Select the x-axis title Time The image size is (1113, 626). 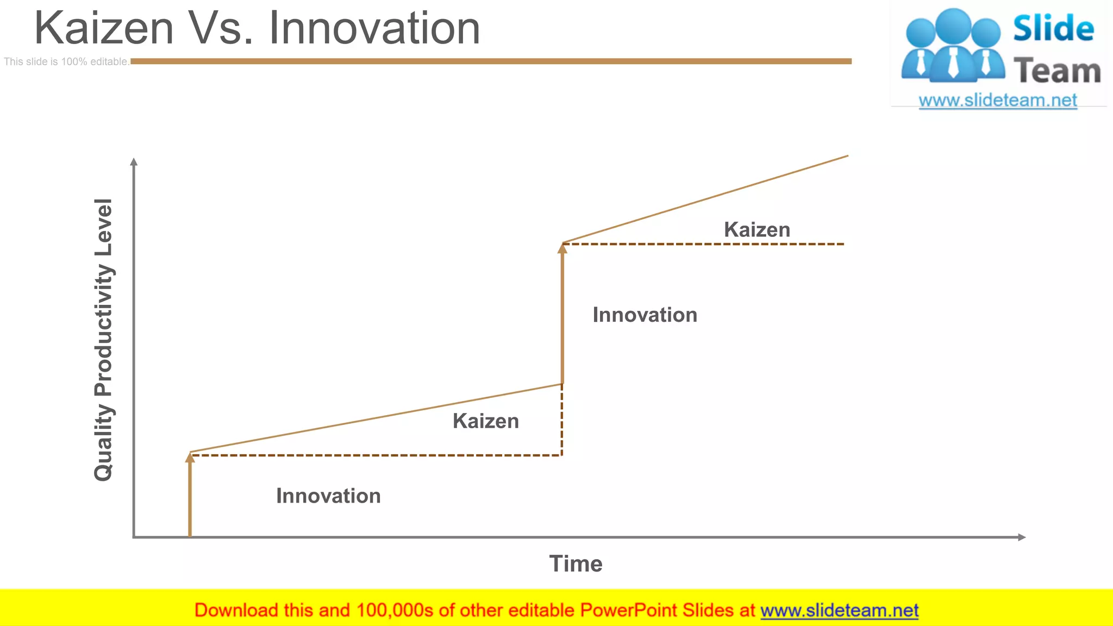[x=576, y=564]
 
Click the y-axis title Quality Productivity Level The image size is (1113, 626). [x=103, y=340]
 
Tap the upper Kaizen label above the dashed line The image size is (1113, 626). [x=756, y=230]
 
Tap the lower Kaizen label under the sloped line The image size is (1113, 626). [x=485, y=421]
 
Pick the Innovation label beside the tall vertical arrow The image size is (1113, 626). [x=645, y=315]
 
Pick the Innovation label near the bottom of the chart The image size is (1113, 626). [x=328, y=496]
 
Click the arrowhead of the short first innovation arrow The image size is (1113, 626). [x=190, y=458]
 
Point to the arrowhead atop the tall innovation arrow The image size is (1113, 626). [x=562, y=248]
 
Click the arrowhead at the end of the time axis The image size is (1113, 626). [x=1021, y=537]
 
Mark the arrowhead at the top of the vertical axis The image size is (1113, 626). [x=134, y=162]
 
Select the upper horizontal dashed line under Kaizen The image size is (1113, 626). [x=706, y=245]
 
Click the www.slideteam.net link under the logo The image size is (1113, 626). [x=997, y=101]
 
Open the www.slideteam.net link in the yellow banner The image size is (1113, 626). [x=839, y=610]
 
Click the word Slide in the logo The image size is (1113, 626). [x=1053, y=29]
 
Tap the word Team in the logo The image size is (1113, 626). [x=1057, y=71]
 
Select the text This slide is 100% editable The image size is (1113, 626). [x=66, y=62]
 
